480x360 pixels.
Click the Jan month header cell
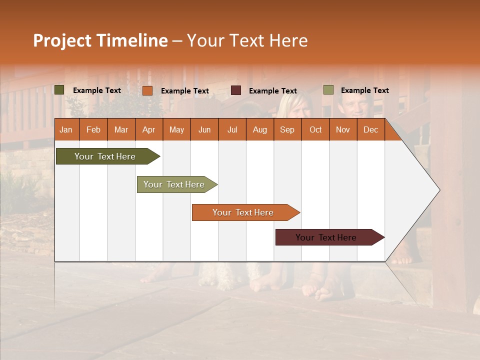click(x=66, y=129)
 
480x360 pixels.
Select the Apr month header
click(x=148, y=129)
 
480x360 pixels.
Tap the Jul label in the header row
click(x=232, y=129)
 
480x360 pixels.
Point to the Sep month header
click(x=287, y=129)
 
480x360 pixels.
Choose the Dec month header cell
click(x=370, y=129)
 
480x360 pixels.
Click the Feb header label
click(x=93, y=129)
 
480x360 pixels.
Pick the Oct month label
click(x=315, y=129)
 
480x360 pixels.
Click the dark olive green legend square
click(x=59, y=90)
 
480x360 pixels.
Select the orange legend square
click(x=147, y=90)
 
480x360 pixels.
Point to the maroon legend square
click(x=236, y=90)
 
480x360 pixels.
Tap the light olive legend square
click(x=328, y=90)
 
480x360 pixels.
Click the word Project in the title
click(x=62, y=41)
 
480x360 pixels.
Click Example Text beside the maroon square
click(x=272, y=91)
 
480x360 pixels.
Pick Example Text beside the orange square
click(x=184, y=91)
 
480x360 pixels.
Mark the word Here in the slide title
click(x=288, y=41)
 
